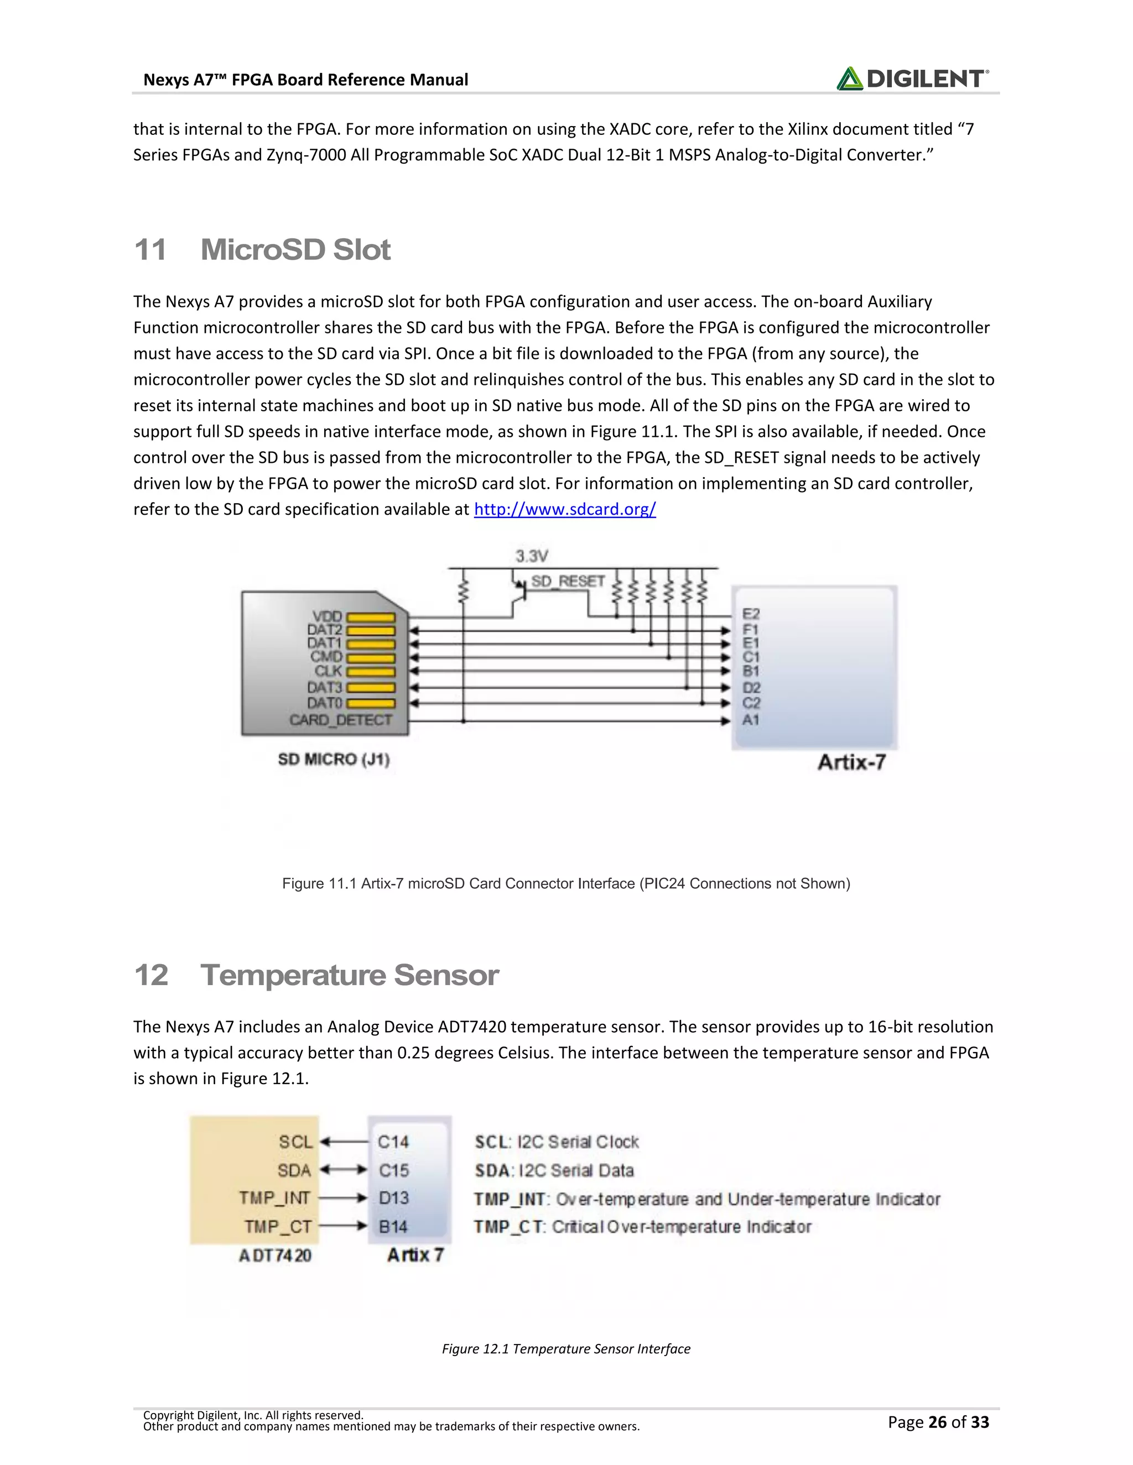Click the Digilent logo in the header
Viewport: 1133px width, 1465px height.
[x=912, y=79]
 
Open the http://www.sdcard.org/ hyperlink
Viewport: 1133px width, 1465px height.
[x=564, y=509]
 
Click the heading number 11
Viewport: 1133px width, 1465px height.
[x=150, y=249]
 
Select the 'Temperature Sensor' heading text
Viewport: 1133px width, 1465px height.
[x=349, y=975]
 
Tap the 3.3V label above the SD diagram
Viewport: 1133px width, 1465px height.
[x=532, y=556]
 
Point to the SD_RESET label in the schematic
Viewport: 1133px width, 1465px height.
[x=568, y=581]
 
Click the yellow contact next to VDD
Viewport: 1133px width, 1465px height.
[x=371, y=617]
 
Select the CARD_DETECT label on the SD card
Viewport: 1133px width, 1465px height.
[x=340, y=720]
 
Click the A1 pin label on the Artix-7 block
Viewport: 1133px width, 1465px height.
[x=750, y=720]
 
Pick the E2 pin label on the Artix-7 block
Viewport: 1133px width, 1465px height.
[x=750, y=614]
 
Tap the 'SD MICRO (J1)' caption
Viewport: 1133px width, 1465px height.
[x=334, y=760]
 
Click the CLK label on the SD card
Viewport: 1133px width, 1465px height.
[x=328, y=671]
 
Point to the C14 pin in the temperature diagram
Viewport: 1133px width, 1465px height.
[x=393, y=1142]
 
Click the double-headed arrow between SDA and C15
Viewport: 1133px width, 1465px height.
[x=344, y=1170]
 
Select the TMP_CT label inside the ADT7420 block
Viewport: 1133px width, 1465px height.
[x=278, y=1226]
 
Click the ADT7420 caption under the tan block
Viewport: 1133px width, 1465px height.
[x=275, y=1255]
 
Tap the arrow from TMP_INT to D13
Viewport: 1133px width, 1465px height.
[x=344, y=1198]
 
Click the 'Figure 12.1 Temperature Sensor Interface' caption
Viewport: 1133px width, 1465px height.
[x=566, y=1348]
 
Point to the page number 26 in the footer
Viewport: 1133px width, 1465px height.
[x=937, y=1422]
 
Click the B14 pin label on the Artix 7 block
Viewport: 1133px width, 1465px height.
[x=393, y=1226]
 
